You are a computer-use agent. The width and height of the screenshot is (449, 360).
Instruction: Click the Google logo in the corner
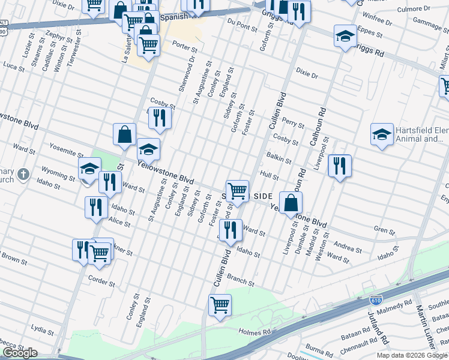point(19,353)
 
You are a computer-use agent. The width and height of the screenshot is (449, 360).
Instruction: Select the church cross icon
point(23,175)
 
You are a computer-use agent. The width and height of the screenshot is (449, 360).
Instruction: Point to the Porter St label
point(184,46)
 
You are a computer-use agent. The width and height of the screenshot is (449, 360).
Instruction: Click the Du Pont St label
point(242,23)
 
